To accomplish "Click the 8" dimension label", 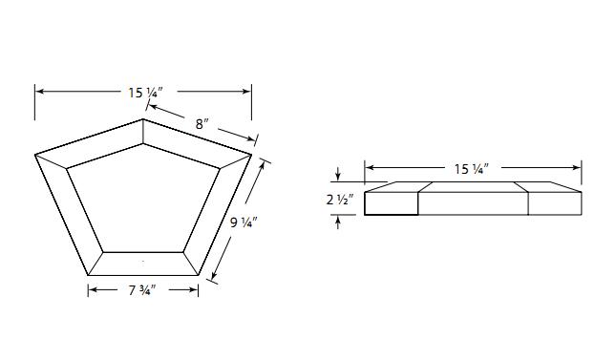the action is [202, 124].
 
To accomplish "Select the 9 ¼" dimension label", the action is [244, 222].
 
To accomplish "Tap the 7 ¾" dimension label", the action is [142, 291].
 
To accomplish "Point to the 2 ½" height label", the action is [339, 200].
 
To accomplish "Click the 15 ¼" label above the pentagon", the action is [145, 93].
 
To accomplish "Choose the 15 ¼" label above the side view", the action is [472, 169].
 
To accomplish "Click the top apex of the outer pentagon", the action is [143, 118].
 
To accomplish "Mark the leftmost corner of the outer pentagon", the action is [35, 155].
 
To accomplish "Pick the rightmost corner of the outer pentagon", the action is [251, 155].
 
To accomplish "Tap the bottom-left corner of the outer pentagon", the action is [88, 275].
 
